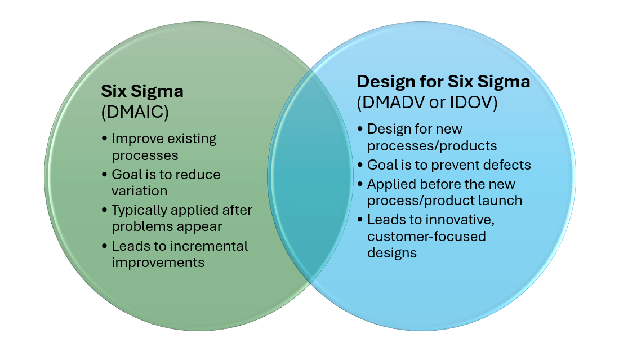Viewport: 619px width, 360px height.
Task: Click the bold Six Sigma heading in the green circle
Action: coord(142,91)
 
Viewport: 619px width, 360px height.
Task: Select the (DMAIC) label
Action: coord(135,112)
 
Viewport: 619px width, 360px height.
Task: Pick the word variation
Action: coord(140,191)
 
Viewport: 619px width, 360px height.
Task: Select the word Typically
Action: coord(138,210)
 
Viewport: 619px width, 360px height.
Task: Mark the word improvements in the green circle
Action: coord(158,263)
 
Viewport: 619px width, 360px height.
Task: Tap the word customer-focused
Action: coord(426,236)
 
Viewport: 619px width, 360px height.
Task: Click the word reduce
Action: coord(199,175)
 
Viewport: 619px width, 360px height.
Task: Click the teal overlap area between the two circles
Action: coord(309,180)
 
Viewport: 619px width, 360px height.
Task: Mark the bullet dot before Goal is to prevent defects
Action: coord(361,165)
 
